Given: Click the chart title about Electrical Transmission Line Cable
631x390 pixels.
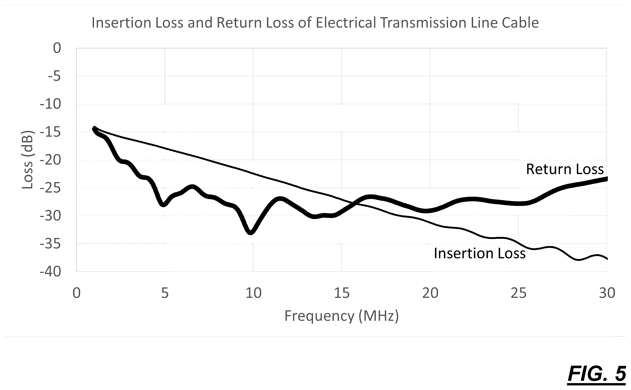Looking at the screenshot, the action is (315, 23).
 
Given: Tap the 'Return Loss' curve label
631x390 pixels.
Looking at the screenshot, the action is (565, 169).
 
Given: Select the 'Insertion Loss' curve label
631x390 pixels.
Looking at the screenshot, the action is (480, 253).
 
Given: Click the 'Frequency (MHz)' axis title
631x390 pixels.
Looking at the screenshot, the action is (342, 316).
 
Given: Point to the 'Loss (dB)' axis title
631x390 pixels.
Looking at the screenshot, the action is (27, 160).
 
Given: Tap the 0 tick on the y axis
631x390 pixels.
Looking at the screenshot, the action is (57, 48).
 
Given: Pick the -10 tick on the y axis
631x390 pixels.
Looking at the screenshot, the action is (50, 104).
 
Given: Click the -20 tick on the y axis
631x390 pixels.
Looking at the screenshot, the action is (50, 160).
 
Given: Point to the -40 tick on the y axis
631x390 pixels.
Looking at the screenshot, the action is (50, 272).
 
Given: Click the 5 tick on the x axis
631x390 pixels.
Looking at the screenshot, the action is (165, 293).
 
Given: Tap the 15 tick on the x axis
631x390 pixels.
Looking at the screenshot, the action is (342, 293).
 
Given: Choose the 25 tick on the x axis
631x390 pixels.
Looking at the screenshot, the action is (519, 293).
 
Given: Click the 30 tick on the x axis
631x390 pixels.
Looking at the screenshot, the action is (607, 293).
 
